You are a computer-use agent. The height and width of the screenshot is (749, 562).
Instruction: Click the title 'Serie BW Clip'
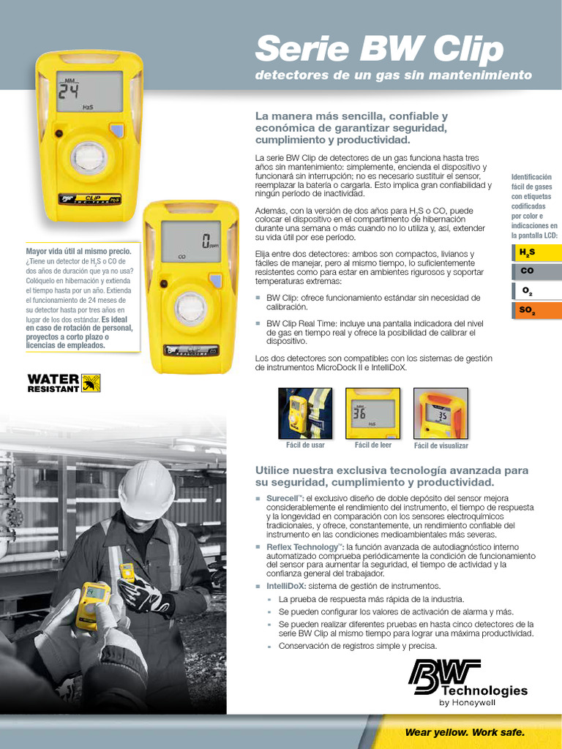click(378, 49)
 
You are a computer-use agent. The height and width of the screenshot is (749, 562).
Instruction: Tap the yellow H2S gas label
click(536, 252)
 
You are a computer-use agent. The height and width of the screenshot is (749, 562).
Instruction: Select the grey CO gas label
click(536, 271)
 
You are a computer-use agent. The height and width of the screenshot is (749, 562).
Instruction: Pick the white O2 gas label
click(536, 290)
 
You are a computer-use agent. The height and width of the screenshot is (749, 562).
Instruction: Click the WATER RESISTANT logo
click(64, 383)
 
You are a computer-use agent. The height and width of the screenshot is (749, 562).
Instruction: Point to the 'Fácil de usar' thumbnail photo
click(305, 413)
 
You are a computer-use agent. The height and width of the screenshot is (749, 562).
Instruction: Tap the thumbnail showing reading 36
click(372, 413)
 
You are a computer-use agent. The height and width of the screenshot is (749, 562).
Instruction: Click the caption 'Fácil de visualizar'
click(441, 445)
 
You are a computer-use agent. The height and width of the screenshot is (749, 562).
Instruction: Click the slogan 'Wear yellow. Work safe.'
click(465, 733)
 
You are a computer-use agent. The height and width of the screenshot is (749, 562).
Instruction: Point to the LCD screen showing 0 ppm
click(190, 241)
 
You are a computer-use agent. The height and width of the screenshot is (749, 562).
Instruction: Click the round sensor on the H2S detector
click(89, 157)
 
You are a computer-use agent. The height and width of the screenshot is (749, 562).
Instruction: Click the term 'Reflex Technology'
click(304, 547)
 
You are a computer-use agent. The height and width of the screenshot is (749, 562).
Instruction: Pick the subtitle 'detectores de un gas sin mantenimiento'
click(393, 75)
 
